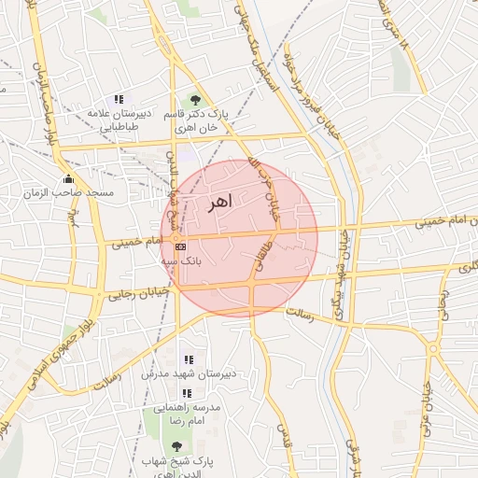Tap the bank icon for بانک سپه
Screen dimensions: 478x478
[x=180, y=246]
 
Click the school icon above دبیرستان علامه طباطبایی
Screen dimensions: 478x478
[x=119, y=99]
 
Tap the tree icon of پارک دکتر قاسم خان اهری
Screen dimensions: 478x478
[x=195, y=99]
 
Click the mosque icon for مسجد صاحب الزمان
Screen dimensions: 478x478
[x=67, y=179]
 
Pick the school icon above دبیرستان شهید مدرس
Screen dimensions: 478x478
[x=189, y=359]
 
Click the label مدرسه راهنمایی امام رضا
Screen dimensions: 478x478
[x=187, y=415]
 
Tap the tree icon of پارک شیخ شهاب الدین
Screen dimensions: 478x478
[x=177, y=447]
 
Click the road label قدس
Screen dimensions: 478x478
[x=281, y=434]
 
